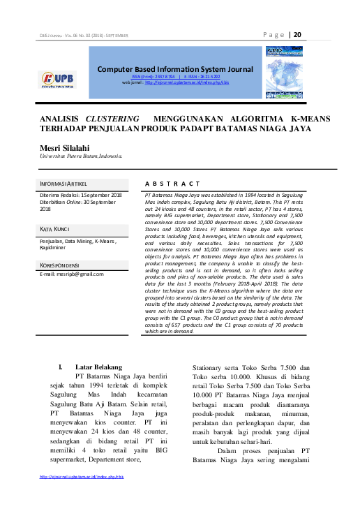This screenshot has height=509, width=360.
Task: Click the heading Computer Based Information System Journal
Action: [x=175, y=69]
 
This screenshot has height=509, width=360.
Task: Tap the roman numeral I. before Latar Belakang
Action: [x=61, y=367]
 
